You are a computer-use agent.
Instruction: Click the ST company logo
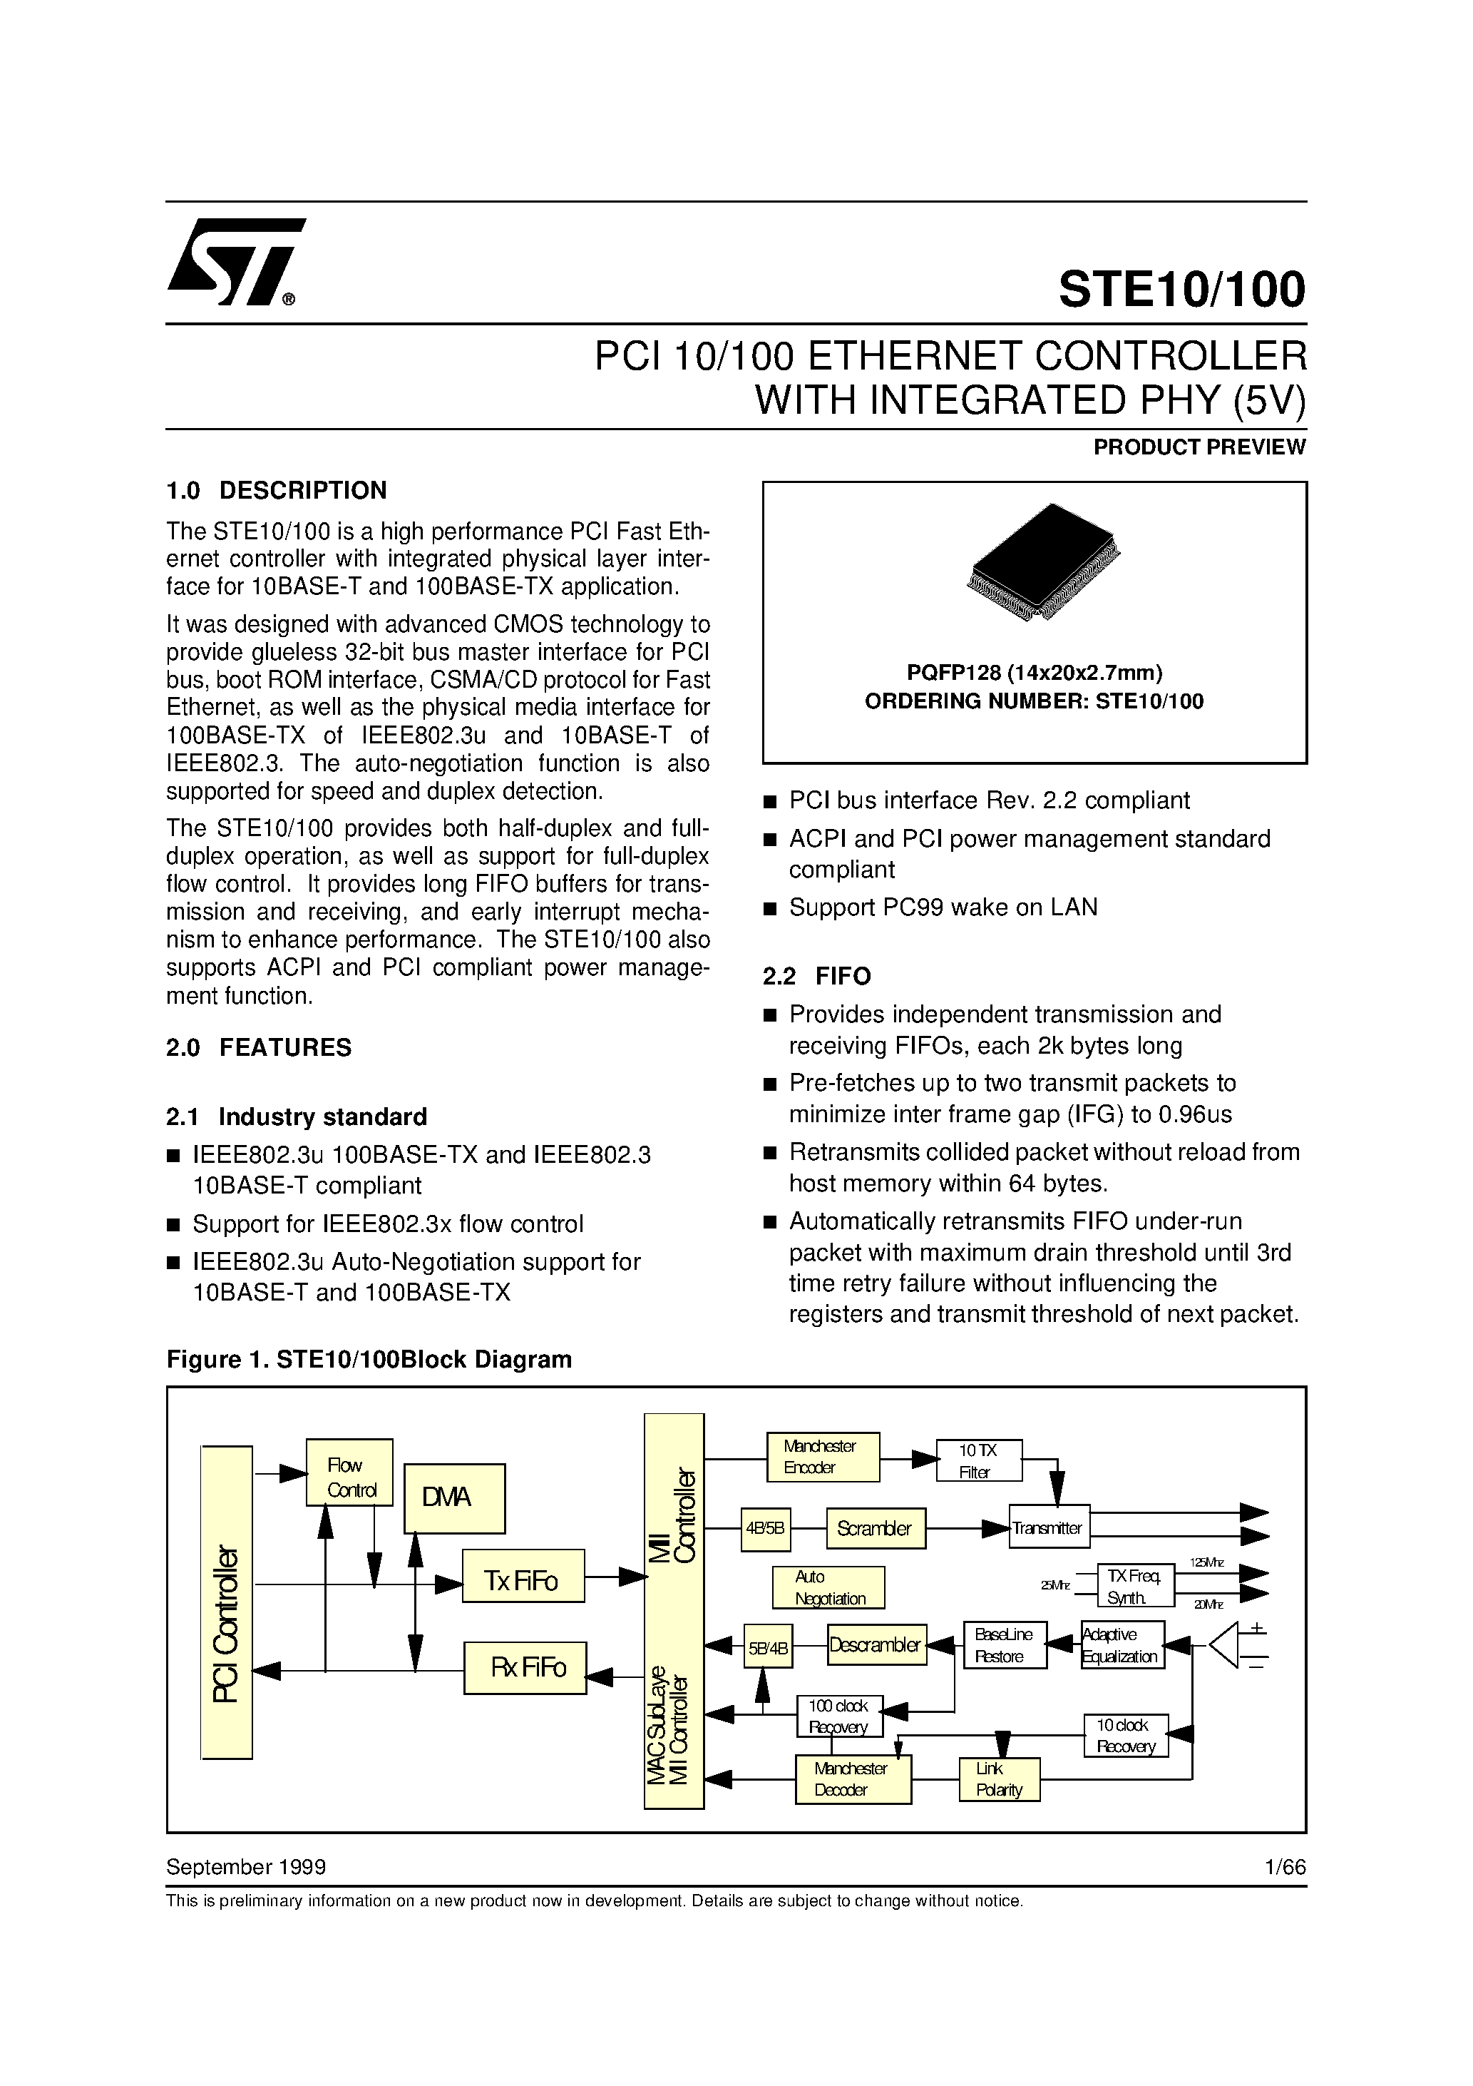coord(235,262)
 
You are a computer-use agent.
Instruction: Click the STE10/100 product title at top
coord(1181,290)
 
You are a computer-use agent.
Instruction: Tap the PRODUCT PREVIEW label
coord(1199,447)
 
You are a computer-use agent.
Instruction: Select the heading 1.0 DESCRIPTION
coord(276,491)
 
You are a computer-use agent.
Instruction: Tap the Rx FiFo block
coord(525,1667)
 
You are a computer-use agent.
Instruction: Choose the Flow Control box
coord(349,1477)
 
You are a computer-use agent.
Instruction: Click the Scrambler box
coord(875,1529)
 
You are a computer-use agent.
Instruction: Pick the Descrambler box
coord(876,1645)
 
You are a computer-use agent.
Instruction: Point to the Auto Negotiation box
coord(827,1587)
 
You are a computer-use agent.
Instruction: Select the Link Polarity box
coord(999,1779)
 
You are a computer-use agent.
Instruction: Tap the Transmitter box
coord(1049,1528)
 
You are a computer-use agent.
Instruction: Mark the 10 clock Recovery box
coord(1125,1735)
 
